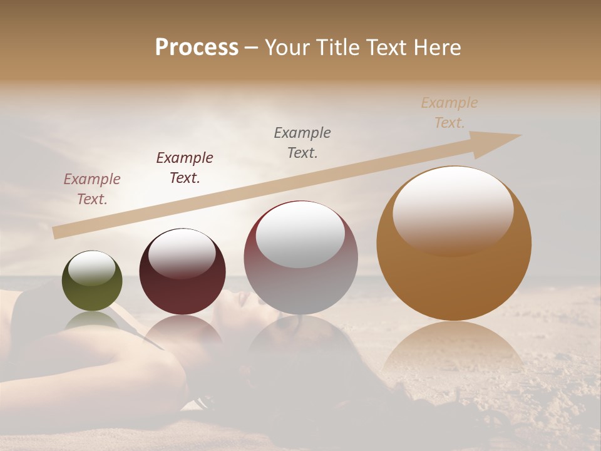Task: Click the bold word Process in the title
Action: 197,48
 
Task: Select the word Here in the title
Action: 438,48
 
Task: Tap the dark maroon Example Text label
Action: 185,168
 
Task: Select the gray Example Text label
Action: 302,142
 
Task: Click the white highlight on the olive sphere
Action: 92,269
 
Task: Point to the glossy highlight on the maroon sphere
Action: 182,253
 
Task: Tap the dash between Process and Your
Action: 252,48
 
